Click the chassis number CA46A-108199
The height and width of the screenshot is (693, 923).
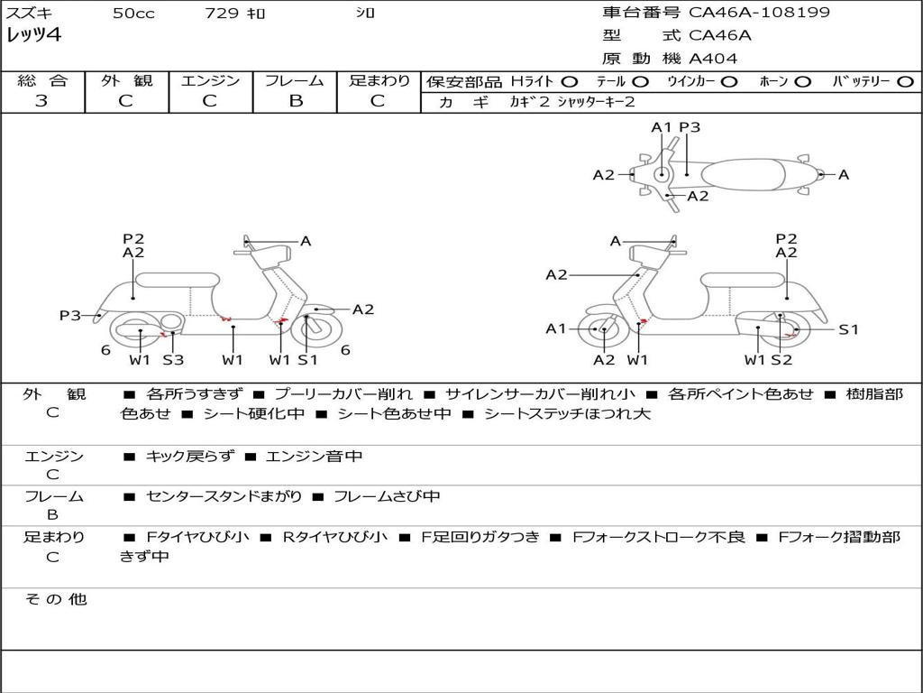(x=759, y=13)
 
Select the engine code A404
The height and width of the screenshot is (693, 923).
(x=713, y=59)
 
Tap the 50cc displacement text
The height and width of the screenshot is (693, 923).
(x=133, y=14)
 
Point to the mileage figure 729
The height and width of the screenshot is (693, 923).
(x=221, y=14)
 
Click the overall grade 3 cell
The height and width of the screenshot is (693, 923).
(x=41, y=101)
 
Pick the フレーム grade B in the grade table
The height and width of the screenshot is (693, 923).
(x=295, y=101)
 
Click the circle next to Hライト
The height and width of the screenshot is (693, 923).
(x=569, y=81)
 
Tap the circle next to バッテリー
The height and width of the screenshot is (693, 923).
(x=905, y=81)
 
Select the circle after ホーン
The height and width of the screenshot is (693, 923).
(x=802, y=81)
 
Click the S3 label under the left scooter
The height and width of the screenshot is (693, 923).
(x=173, y=360)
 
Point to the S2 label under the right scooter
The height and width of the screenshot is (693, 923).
(x=781, y=360)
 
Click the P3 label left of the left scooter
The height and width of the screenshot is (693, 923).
(x=70, y=315)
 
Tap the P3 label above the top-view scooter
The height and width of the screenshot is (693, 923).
(x=690, y=127)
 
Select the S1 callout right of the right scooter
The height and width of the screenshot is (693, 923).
(x=848, y=329)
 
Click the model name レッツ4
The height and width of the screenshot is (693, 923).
(x=33, y=36)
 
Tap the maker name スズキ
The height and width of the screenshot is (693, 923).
(x=29, y=14)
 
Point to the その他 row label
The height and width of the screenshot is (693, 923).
(x=55, y=599)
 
